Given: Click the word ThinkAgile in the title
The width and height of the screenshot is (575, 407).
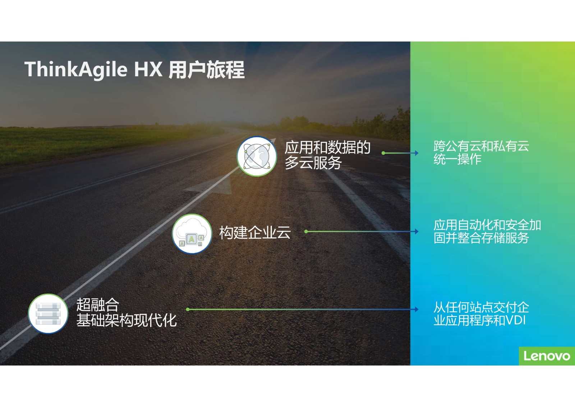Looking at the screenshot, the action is point(76,69).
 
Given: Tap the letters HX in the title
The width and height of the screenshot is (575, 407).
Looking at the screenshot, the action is point(148,69).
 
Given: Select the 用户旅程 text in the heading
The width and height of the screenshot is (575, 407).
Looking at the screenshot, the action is point(206,69).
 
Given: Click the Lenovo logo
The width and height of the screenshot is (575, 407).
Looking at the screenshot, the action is point(547,356).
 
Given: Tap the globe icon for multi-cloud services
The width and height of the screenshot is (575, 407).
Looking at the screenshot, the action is point(257,156).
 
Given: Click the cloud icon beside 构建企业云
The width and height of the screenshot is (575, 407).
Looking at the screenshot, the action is point(192,234).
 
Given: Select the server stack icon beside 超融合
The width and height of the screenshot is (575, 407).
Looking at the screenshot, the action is point(48,314).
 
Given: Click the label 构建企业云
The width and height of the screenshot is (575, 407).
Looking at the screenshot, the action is point(255,232).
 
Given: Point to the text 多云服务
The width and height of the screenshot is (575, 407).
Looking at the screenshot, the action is point(313,163).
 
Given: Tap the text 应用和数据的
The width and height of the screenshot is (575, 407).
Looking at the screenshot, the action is point(327,147).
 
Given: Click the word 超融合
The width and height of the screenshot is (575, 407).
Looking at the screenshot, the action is point(98,305).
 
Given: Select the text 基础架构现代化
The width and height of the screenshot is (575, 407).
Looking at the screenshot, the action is point(126,320).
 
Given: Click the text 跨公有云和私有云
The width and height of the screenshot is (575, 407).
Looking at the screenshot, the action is point(481,146).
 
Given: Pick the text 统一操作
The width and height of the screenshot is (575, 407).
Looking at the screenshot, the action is point(457,159).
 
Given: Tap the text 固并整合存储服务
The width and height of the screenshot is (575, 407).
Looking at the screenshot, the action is point(481,238).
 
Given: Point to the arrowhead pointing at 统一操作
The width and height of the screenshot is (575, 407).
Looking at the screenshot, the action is point(417,153).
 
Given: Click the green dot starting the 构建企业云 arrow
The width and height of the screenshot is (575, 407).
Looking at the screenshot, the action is point(306,231).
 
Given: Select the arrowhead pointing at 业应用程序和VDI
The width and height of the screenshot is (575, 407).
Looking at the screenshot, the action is point(417,309).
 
